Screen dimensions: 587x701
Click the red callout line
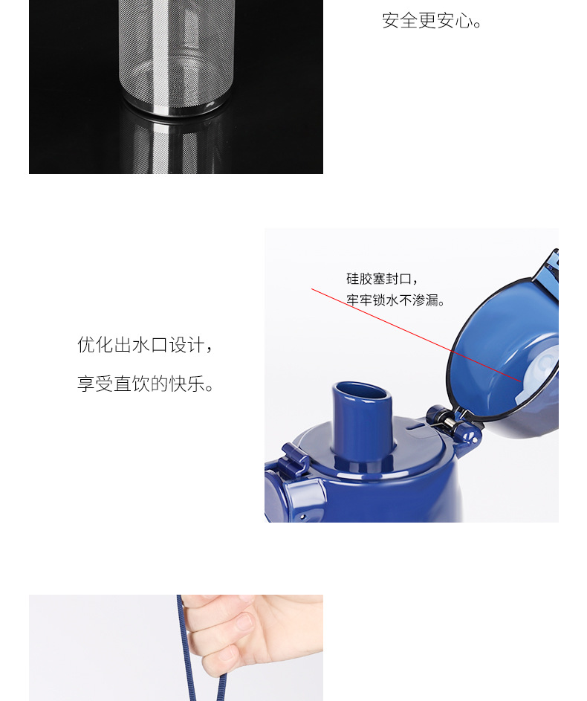416,335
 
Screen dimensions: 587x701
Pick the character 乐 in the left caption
196,384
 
